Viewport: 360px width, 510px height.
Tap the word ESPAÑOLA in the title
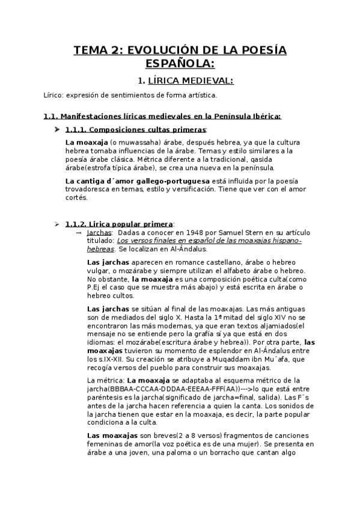(x=180, y=63)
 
